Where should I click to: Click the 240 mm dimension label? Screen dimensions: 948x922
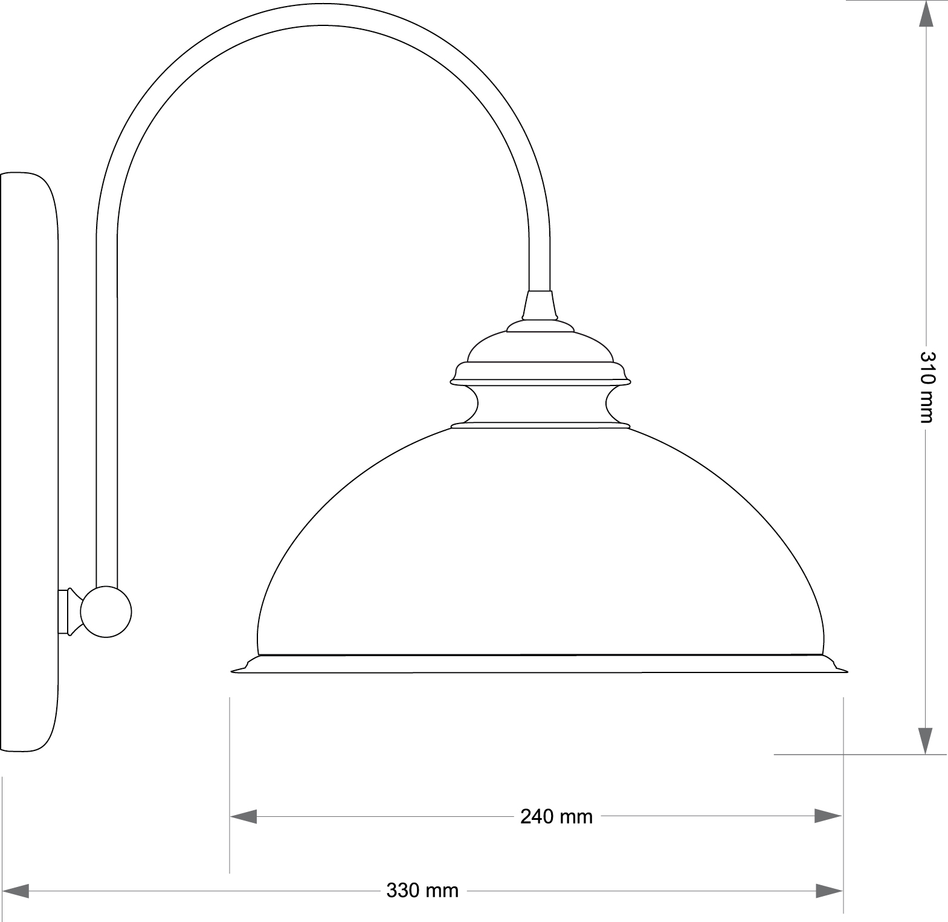(x=556, y=816)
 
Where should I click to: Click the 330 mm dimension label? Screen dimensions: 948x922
(x=422, y=890)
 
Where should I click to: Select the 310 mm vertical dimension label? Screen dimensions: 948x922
(x=926, y=386)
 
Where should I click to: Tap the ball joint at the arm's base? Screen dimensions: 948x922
(x=106, y=611)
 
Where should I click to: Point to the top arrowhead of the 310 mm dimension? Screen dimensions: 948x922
(x=925, y=13)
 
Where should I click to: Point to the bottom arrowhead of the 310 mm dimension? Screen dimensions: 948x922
(x=925, y=741)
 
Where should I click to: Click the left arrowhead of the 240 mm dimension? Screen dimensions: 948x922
(x=243, y=816)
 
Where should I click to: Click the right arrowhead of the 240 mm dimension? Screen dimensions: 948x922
(x=828, y=816)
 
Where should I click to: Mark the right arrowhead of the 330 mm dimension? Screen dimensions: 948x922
(x=828, y=890)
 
